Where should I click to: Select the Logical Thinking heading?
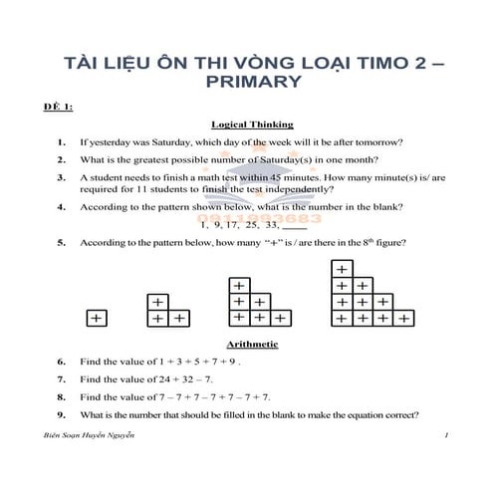tap(252, 124)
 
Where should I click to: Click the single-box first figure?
tap(97, 319)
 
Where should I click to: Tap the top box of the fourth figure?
tap(342, 269)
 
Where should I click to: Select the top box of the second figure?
tap(156, 302)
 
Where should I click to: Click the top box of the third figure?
tap(239, 285)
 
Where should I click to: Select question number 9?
tap(62, 413)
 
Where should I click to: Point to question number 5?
tap(62, 242)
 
